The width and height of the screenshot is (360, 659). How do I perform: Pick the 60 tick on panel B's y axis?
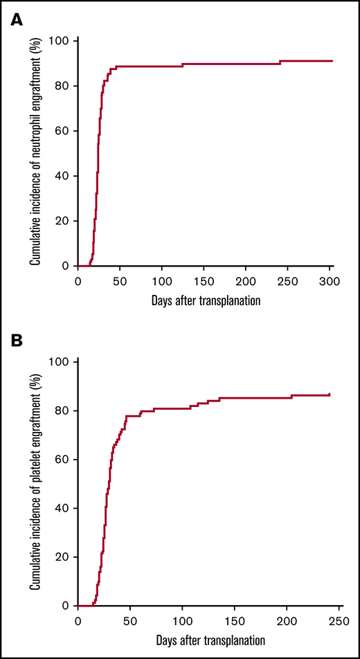pos(64,459)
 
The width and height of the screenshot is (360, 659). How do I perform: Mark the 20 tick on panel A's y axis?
pos(64,221)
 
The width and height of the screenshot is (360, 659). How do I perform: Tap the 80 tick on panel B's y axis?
pos(64,410)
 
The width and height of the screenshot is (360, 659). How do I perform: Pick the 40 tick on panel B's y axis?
pos(64,507)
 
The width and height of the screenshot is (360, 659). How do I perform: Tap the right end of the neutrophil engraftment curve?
pos(333,61)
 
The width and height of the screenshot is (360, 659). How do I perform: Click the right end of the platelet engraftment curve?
pos(330,395)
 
